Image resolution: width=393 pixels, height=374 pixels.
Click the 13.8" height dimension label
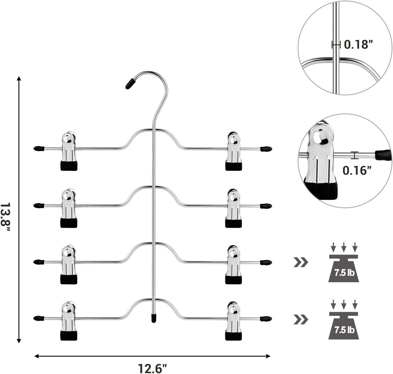(5, 217)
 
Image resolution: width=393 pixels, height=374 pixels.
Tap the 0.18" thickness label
(359, 44)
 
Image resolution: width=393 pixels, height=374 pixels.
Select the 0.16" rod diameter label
(357, 170)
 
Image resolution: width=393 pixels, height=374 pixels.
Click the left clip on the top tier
(69, 151)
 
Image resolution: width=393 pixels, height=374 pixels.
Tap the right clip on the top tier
(233, 151)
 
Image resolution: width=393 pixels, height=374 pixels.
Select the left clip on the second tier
(69, 208)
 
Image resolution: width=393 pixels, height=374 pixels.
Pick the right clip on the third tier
(233, 264)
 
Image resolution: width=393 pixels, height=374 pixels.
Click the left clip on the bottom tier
(69, 321)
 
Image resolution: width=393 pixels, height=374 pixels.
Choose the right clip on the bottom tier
(233, 321)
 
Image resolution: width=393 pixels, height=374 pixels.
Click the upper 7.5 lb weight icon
(343, 265)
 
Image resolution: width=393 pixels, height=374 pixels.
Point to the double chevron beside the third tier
(301, 262)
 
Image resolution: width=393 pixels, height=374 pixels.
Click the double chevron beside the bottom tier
(301, 319)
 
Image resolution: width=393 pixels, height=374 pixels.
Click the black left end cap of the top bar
(39, 149)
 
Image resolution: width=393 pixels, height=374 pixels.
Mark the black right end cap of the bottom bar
(266, 319)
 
